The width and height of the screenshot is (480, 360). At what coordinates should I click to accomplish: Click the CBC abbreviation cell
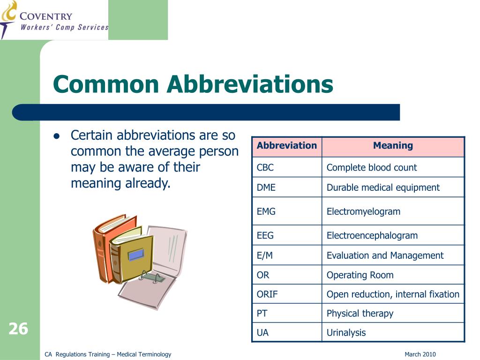click(265, 167)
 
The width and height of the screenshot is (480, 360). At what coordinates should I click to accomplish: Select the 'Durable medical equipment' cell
click(383, 187)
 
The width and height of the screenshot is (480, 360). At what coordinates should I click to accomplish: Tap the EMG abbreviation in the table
click(266, 211)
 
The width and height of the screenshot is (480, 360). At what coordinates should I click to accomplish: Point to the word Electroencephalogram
click(372, 235)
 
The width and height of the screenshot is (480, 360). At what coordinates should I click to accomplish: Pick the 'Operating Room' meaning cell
click(360, 275)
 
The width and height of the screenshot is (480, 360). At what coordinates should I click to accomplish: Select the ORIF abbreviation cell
click(267, 294)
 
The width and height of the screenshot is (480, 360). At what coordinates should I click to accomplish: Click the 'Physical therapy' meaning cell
click(360, 314)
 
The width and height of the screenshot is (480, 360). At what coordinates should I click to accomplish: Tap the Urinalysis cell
click(346, 333)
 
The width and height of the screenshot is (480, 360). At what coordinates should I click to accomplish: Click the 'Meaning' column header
click(393, 146)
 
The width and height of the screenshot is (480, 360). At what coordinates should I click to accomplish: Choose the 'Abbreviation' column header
click(286, 146)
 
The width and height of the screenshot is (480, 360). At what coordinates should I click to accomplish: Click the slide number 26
click(18, 329)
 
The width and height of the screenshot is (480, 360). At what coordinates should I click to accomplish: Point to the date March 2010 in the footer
click(420, 354)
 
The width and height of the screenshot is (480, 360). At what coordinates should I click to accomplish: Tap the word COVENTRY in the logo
click(46, 17)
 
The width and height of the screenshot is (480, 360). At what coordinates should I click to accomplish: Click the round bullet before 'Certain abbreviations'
click(56, 136)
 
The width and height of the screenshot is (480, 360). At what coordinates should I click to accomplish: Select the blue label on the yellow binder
click(136, 255)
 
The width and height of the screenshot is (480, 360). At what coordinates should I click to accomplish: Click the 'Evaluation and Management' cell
click(384, 255)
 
